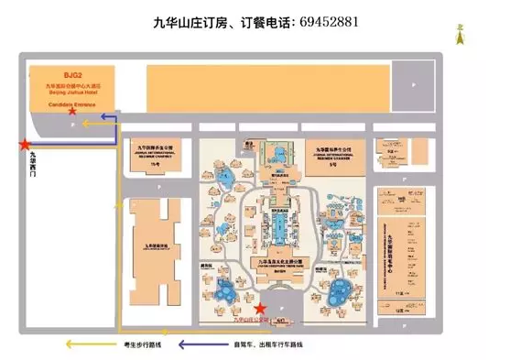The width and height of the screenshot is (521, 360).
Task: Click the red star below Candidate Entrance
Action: click(x=86, y=111)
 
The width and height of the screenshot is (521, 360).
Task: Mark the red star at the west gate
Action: click(x=25, y=143)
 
